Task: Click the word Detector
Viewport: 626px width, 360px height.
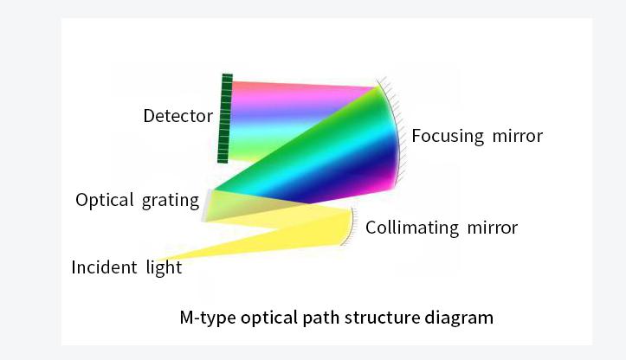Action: (178, 116)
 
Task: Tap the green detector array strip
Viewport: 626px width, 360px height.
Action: (225, 119)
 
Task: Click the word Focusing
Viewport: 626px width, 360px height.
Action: (448, 137)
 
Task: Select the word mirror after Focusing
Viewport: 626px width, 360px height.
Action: (518, 136)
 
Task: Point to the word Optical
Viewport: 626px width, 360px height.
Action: (105, 201)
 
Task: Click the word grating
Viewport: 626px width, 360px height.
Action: (171, 201)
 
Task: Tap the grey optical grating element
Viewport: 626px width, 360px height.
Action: (206, 205)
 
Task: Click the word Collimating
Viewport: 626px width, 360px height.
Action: (412, 228)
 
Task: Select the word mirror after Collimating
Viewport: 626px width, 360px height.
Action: (493, 228)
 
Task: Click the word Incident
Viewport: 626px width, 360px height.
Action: (104, 267)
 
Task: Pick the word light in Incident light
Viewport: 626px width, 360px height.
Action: (164, 268)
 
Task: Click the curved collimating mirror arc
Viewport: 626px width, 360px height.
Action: (350, 226)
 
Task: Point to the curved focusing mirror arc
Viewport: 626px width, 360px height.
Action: (393, 132)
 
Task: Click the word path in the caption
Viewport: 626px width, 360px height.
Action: (321, 318)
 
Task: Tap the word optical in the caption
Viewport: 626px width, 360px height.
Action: (269, 318)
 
